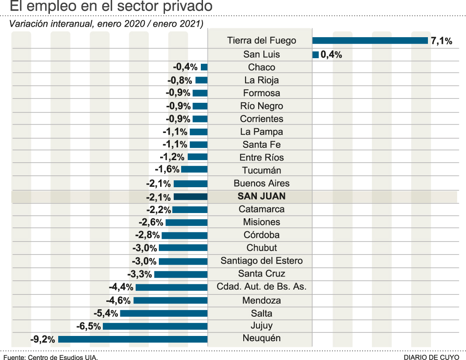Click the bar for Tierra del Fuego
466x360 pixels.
click(370, 41)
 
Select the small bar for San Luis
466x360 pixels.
click(315, 55)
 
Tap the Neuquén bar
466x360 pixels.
click(133, 339)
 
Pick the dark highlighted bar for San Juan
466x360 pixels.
click(190, 197)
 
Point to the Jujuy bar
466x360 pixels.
click(155, 326)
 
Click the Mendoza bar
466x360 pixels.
click(170, 301)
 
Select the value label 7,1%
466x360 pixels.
click(441, 41)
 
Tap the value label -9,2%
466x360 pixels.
click(42, 339)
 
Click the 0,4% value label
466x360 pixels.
click(331, 55)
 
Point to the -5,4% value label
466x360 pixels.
click(106, 314)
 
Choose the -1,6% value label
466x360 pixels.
click(167, 170)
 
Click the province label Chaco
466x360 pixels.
click(262, 67)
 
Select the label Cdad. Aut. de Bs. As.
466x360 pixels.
click(262, 287)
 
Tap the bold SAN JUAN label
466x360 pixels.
click(261, 196)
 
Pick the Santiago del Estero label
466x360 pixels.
click(262, 261)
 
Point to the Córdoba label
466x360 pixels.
click(262, 235)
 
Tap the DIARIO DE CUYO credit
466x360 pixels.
click(431, 357)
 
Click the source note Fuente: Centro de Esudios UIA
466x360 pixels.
click(51, 357)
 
